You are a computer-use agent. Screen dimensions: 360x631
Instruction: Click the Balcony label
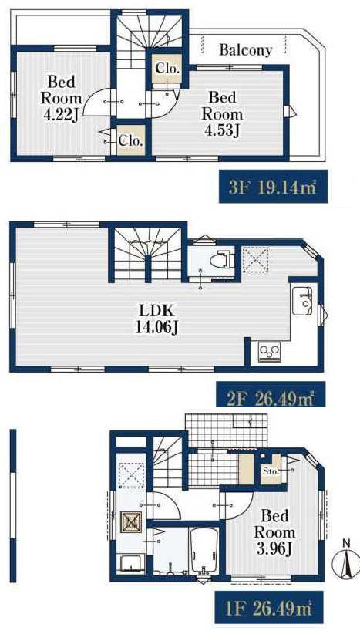[246, 50]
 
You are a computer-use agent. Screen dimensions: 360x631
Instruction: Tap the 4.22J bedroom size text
[61, 115]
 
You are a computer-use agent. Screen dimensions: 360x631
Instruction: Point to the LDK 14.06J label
[156, 319]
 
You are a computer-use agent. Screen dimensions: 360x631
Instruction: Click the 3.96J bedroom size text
[274, 548]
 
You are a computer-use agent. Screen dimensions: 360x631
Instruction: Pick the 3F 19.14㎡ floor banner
[273, 187]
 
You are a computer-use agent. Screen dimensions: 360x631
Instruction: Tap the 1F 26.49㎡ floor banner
[269, 609]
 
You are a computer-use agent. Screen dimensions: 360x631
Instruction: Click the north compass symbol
[345, 561]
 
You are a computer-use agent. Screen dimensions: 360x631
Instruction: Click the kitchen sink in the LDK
[301, 302]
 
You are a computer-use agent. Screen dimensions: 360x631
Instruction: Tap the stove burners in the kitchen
[266, 352]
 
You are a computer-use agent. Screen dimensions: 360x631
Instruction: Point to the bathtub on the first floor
[204, 551]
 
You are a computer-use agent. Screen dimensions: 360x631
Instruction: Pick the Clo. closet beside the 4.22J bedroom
[131, 141]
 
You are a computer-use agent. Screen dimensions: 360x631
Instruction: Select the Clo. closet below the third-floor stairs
[167, 69]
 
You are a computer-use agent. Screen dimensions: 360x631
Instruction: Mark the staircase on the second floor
[148, 255]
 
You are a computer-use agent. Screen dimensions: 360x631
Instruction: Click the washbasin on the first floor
[130, 563]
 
